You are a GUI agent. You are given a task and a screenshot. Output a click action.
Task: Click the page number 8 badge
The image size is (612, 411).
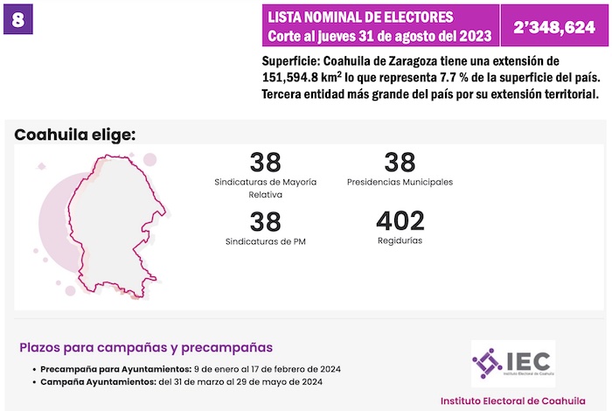click(x=18, y=19)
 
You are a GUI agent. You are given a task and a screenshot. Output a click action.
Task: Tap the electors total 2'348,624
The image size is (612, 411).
click(x=553, y=26)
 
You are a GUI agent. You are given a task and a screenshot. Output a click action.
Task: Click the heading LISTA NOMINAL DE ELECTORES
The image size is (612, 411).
click(x=360, y=17)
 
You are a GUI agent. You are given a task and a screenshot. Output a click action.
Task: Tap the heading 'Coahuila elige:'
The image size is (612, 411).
click(x=74, y=135)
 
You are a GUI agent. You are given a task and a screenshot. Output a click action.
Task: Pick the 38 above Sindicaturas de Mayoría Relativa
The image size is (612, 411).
click(x=265, y=163)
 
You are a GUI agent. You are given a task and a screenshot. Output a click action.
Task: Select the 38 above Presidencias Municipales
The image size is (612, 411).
click(x=400, y=163)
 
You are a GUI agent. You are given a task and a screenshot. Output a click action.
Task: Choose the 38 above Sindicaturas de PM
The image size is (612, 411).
click(x=265, y=221)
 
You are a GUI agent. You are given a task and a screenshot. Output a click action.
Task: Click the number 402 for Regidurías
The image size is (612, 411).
click(x=400, y=221)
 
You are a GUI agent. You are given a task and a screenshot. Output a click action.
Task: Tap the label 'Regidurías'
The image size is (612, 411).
click(x=400, y=240)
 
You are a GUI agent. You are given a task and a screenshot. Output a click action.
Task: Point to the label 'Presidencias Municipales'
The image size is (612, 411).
click(x=400, y=182)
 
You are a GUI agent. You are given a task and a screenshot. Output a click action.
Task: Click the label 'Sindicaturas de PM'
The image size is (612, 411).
click(x=265, y=240)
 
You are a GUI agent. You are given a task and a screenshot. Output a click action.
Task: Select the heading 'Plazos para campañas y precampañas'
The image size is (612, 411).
click(x=147, y=347)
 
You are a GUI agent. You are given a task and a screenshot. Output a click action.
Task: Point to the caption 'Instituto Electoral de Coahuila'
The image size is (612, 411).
click(x=512, y=401)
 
